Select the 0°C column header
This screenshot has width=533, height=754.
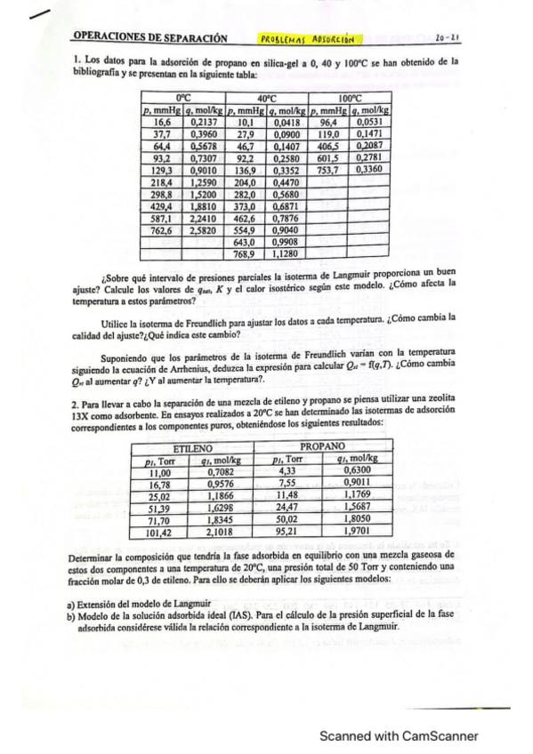coord(184,98)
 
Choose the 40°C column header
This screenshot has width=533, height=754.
coord(268,98)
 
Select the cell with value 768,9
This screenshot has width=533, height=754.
coord(245,253)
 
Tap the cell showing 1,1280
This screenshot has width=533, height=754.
coord(287,253)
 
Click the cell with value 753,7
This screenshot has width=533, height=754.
coord(328,170)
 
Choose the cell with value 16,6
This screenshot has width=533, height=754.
coord(161,122)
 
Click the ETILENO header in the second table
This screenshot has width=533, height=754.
coord(193,449)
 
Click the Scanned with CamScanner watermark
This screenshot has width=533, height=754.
coord(400,736)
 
